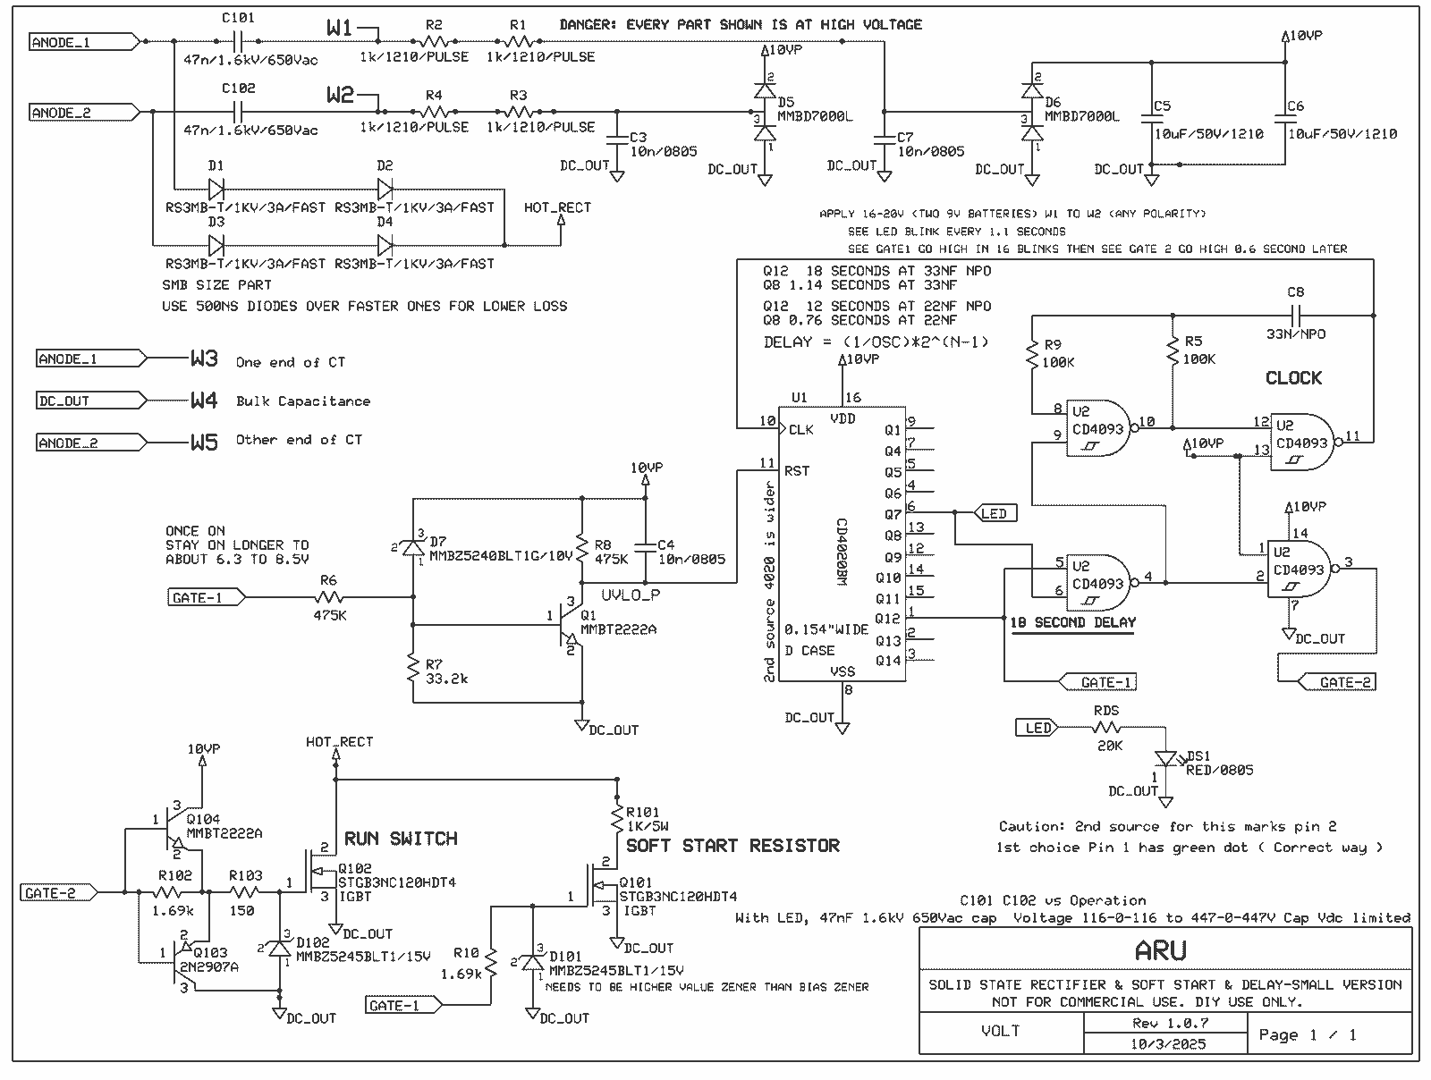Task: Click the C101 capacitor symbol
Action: [x=238, y=41]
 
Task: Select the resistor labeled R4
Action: [x=435, y=112]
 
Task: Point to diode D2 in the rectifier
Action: [x=385, y=189]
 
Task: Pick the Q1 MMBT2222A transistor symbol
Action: [x=569, y=616]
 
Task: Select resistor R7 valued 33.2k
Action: [x=413, y=668]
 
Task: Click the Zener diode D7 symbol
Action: [x=414, y=545]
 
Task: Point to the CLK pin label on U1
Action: [x=801, y=430]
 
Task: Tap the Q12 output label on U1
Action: [x=887, y=619]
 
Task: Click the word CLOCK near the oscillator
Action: [x=1293, y=378]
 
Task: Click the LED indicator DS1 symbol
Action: [x=1164, y=758]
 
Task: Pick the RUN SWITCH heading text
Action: [x=401, y=839]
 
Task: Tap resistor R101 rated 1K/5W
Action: [x=616, y=818]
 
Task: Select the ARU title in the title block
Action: [x=1160, y=950]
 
